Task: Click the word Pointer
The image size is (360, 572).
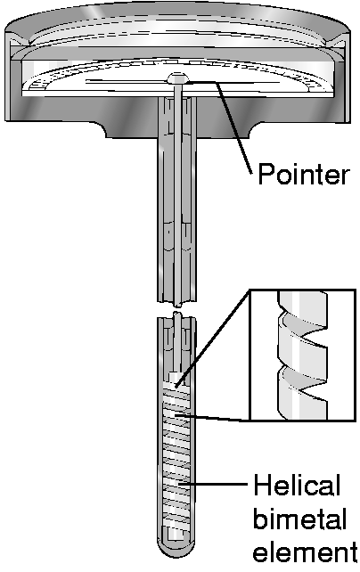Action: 304,175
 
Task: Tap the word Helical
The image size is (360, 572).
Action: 297,486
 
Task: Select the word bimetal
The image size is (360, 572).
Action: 299,519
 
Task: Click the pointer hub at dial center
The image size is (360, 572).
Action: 177,78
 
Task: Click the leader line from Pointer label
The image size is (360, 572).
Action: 233,127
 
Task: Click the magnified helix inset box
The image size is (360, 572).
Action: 302,355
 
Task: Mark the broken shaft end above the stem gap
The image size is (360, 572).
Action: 177,304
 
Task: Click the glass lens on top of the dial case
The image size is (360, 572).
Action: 177,34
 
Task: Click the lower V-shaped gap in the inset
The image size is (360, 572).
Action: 304,383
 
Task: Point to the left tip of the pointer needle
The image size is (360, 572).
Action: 86,81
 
